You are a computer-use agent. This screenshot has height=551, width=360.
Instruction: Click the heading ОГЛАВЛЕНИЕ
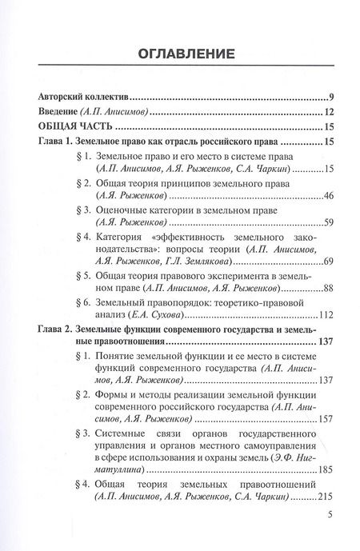[179, 54]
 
